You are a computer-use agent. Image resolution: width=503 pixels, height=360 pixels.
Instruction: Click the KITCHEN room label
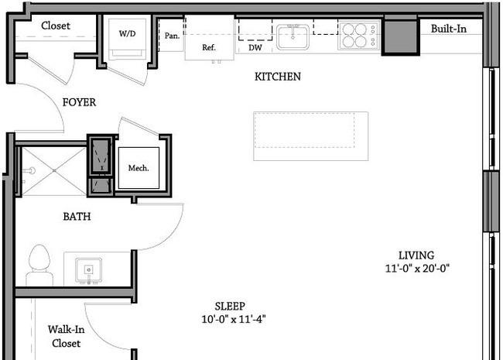(278, 77)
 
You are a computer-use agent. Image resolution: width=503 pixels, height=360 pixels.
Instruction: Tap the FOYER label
(79, 102)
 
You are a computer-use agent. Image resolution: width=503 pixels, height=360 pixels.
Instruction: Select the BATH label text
(77, 217)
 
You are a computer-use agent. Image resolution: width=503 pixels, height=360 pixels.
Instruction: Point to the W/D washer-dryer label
(128, 33)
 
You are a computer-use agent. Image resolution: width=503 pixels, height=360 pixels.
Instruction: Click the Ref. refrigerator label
(209, 47)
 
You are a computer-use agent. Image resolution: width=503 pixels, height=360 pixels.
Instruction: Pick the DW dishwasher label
(255, 48)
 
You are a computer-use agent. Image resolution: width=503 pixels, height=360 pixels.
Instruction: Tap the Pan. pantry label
(172, 36)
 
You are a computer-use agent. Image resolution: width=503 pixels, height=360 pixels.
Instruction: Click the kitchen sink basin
(293, 37)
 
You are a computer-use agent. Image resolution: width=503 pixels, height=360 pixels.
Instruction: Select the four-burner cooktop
(358, 36)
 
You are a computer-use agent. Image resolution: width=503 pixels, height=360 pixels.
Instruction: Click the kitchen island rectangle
(311, 136)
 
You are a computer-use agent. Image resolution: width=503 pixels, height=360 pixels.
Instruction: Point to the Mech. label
(139, 168)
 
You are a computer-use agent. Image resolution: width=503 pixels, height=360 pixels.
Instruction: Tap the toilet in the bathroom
(39, 265)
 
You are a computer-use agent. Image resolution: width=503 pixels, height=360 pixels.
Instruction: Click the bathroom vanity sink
(89, 270)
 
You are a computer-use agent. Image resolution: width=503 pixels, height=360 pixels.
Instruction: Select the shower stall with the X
(54, 171)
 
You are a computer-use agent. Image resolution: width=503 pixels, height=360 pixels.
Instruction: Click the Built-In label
(449, 29)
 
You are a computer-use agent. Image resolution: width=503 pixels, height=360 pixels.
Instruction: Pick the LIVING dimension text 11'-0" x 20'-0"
(417, 268)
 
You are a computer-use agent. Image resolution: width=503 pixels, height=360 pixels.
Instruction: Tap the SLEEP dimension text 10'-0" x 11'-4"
(234, 319)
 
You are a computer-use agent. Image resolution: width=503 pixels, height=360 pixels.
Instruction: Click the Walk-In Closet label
(67, 336)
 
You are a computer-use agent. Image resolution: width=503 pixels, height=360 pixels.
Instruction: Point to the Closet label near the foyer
(56, 26)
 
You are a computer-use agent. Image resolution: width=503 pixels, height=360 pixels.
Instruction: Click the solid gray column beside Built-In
(401, 36)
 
